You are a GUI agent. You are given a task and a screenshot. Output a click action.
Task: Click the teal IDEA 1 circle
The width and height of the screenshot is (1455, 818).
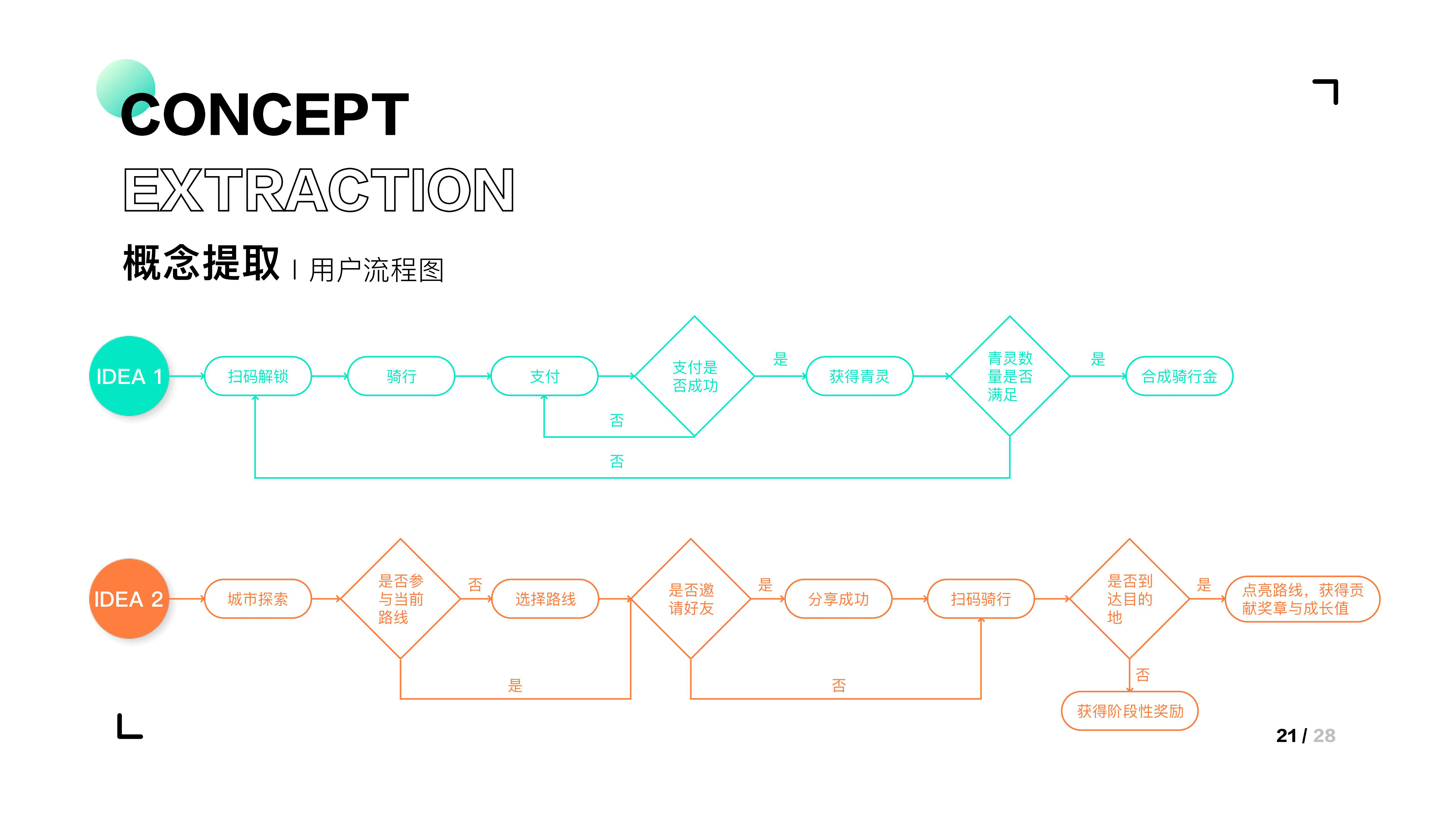pyautogui.click(x=129, y=376)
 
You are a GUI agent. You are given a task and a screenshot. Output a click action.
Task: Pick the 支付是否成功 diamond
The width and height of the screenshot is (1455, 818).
pyautogui.click(x=695, y=376)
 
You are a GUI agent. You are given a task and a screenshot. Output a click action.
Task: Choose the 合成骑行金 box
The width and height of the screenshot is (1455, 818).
pyautogui.click(x=1179, y=376)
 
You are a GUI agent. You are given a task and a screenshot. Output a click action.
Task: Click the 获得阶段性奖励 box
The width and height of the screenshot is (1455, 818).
pyautogui.click(x=1130, y=711)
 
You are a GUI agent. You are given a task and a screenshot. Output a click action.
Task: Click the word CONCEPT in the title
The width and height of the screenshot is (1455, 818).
pyautogui.click(x=264, y=114)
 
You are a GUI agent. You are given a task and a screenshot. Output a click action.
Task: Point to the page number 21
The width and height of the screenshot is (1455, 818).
pyautogui.click(x=1286, y=736)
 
